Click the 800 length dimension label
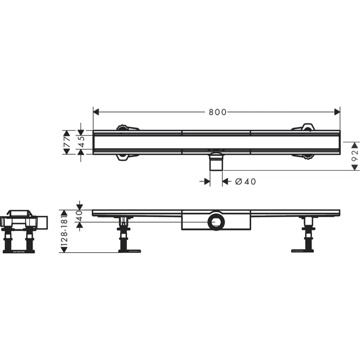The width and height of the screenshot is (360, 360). (218, 113)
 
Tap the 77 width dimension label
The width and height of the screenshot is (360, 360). (67, 142)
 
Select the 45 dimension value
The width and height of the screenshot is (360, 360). (82, 142)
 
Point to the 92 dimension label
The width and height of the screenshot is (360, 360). (355, 156)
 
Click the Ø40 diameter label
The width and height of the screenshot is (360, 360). (245, 182)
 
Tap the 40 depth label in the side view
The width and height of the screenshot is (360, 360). (79, 215)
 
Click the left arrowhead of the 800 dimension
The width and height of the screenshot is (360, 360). (96, 112)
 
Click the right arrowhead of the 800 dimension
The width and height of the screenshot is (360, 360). (337, 112)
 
